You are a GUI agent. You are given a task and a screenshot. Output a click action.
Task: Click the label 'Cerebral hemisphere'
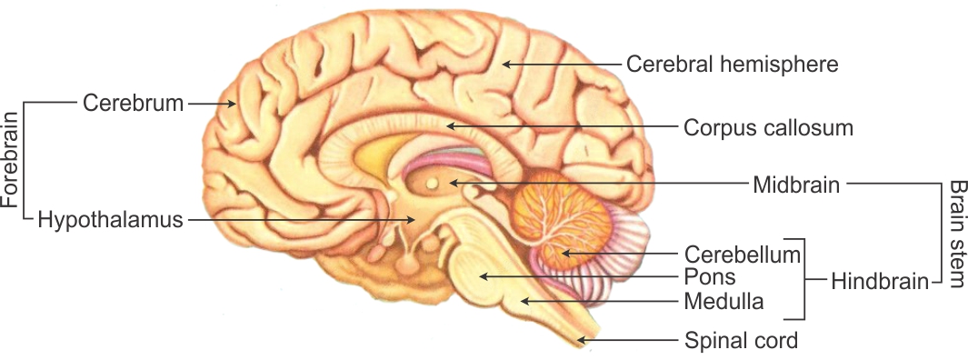point(732,65)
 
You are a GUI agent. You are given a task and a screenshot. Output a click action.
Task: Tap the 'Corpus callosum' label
point(768,127)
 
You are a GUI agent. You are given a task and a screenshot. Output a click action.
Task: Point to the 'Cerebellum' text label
point(742,253)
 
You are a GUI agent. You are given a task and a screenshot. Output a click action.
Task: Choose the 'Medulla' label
point(724,300)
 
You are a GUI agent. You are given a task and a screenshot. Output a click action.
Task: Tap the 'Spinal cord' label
point(740,342)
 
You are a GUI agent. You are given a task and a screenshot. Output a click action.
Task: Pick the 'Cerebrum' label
point(133,103)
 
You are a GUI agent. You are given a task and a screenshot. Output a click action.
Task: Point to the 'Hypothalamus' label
point(111,219)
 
